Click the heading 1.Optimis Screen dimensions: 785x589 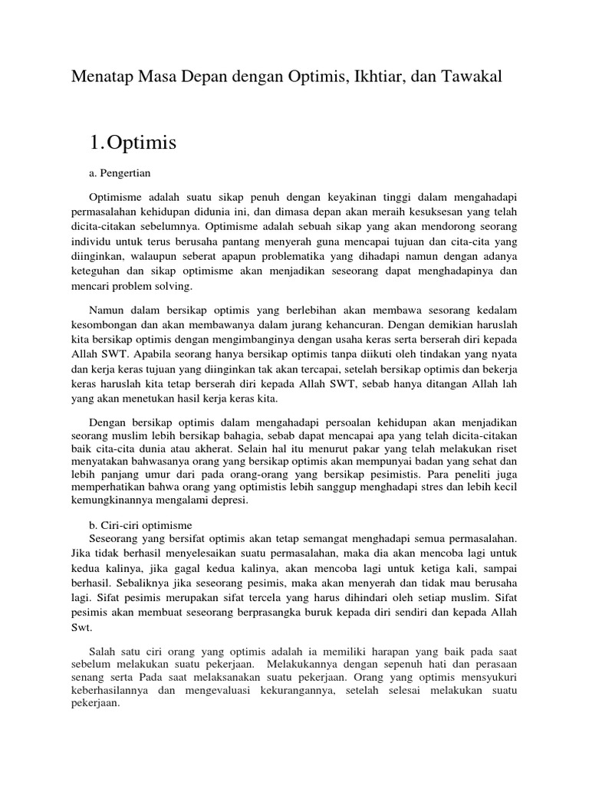tap(133, 142)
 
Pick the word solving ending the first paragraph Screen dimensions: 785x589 tap(176, 285)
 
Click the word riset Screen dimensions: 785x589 tap(502, 450)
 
